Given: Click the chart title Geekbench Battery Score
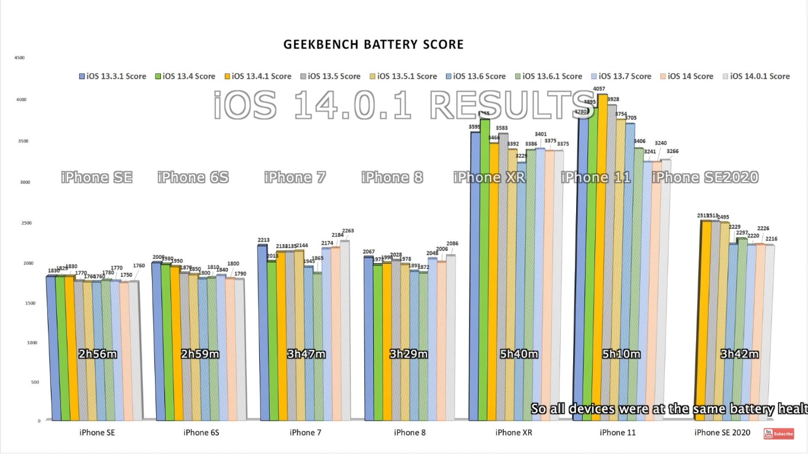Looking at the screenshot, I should [x=373, y=44].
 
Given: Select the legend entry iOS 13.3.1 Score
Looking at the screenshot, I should [x=112, y=76].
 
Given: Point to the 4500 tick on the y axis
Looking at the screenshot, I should [x=20, y=58].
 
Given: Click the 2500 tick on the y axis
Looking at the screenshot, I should [x=20, y=223].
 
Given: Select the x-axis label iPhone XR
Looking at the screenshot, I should [x=513, y=433].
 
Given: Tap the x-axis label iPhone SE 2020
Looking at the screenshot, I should [x=722, y=433].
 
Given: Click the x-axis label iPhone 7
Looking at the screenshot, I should [x=305, y=433].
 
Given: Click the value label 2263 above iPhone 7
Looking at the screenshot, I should [x=347, y=231].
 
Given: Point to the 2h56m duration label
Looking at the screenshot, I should [x=98, y=354].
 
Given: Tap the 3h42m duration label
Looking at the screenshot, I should [x=739, y=354].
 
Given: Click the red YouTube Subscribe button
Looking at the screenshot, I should [x=778, y=434].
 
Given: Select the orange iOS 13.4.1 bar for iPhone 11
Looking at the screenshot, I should [x=603, y=254].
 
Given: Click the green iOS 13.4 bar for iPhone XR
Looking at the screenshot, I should [x=484, y=266].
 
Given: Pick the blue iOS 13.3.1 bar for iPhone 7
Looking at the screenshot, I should [x=262, y=331].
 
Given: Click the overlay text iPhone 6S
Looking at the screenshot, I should [x=193, y=177].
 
